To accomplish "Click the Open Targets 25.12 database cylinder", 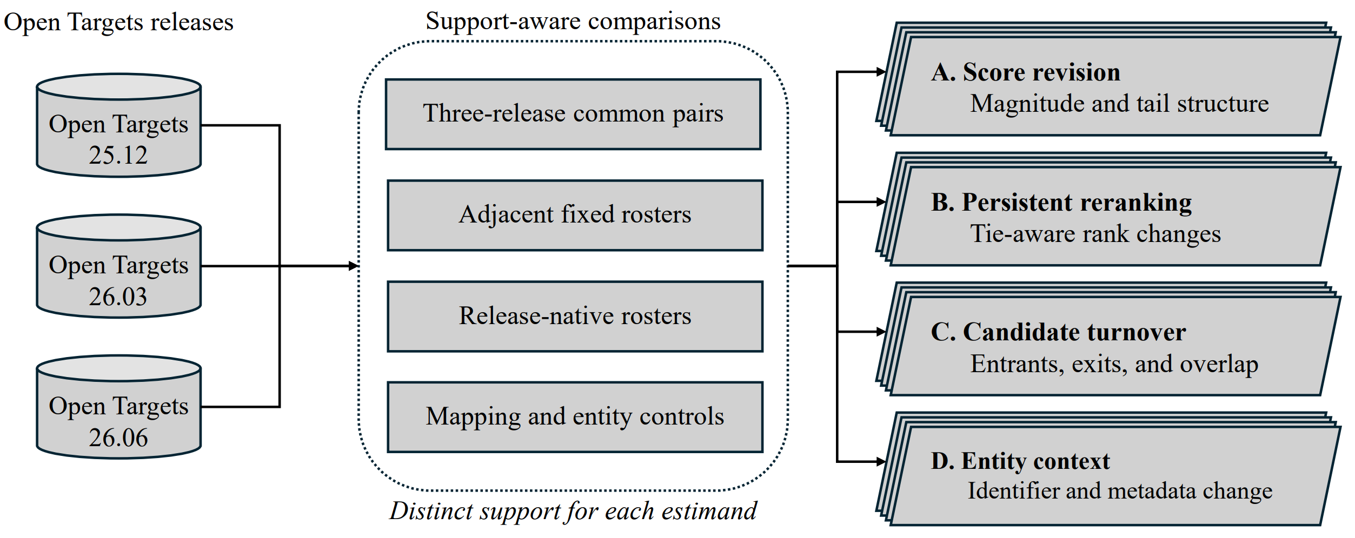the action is click(119, 125).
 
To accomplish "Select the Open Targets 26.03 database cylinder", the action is click(119, 266).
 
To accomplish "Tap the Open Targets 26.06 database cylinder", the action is click(119, 407).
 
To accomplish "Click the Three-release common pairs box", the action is click(573, 115).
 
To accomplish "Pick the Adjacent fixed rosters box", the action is click(575, 216).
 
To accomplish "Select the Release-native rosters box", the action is click(575, 317).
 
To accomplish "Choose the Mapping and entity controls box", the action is click(575, 417).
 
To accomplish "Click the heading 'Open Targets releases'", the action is click(119, 23).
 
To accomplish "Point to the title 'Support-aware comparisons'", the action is click(573, 22).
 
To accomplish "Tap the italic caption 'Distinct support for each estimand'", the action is click(573, 511).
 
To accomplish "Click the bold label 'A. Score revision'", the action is click(1026, 72).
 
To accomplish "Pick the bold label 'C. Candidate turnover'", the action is click(1058, 332).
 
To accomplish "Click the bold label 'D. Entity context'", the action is click(1020, 461).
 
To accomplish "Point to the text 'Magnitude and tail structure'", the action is click(1119, 104).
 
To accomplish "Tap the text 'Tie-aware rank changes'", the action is click(1095, 234).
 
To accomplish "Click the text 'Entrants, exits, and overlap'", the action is click(1114, 364).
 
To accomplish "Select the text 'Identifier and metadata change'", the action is click(1120, 491).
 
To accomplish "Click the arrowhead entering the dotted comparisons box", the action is click(354, 266).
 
